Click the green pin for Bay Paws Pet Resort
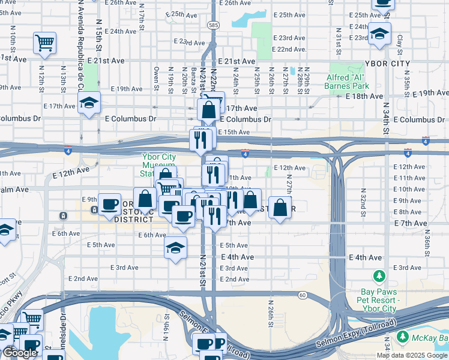[379, 277]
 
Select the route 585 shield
[213, 25]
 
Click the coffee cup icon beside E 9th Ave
[109, 205]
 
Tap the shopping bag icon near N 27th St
[280, 208]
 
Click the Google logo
[20, 353]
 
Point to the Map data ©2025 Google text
[412, 355]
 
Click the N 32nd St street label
[363, 200]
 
